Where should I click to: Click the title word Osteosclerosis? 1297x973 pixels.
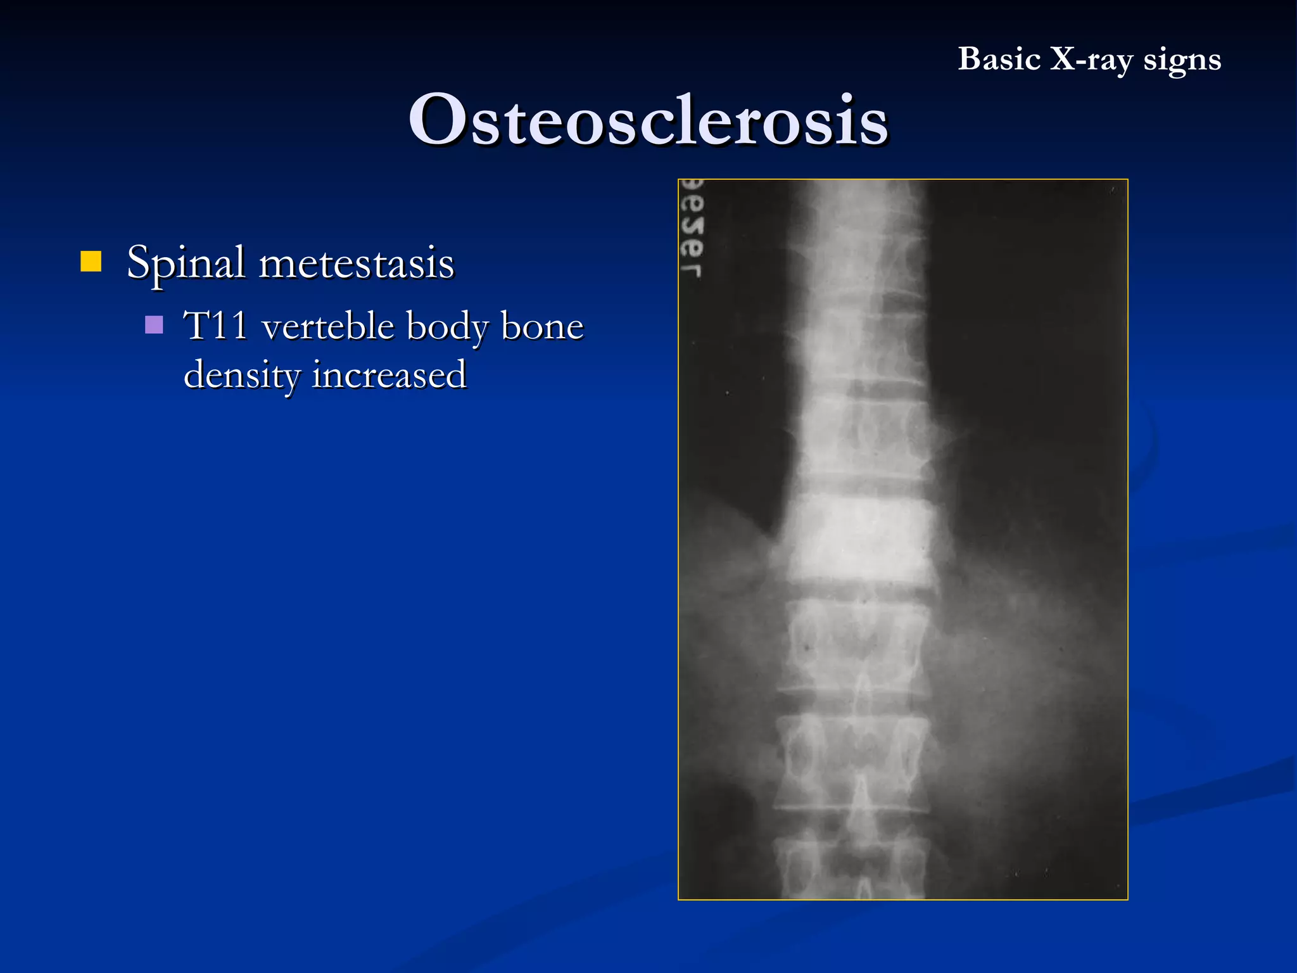648,120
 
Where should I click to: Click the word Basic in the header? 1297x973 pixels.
999,60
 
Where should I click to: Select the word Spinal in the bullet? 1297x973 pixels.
186,263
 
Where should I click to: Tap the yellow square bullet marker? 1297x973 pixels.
91,261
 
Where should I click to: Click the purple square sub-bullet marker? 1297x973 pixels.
154,325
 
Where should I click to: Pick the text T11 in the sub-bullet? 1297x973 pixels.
215,326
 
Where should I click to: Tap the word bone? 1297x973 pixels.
542,326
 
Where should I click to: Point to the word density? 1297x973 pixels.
241,375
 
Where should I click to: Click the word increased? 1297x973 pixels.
389,374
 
